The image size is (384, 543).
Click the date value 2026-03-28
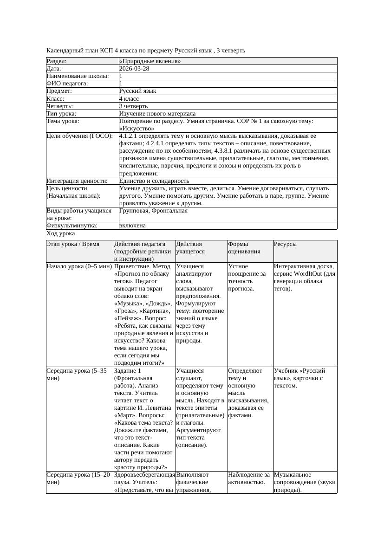click(134, 69)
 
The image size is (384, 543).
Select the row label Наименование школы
click(78, 76)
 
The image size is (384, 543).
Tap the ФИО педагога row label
click(67, 84)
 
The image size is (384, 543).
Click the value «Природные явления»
click(150, 61)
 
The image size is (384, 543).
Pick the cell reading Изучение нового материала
click(157, 114)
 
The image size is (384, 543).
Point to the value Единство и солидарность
click(154, 181)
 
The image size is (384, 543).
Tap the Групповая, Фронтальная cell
click(153, 211)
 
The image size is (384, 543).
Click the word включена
click(132, 226)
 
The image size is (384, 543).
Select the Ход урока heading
click(61, 234)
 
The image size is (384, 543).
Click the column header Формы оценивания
click(244, 247)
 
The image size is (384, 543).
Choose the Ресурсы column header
click(285, 244)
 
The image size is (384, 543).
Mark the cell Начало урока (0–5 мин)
click(79, 266)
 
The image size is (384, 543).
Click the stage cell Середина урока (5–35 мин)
click(77, 375)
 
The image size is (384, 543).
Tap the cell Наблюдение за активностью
click(249, 478)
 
